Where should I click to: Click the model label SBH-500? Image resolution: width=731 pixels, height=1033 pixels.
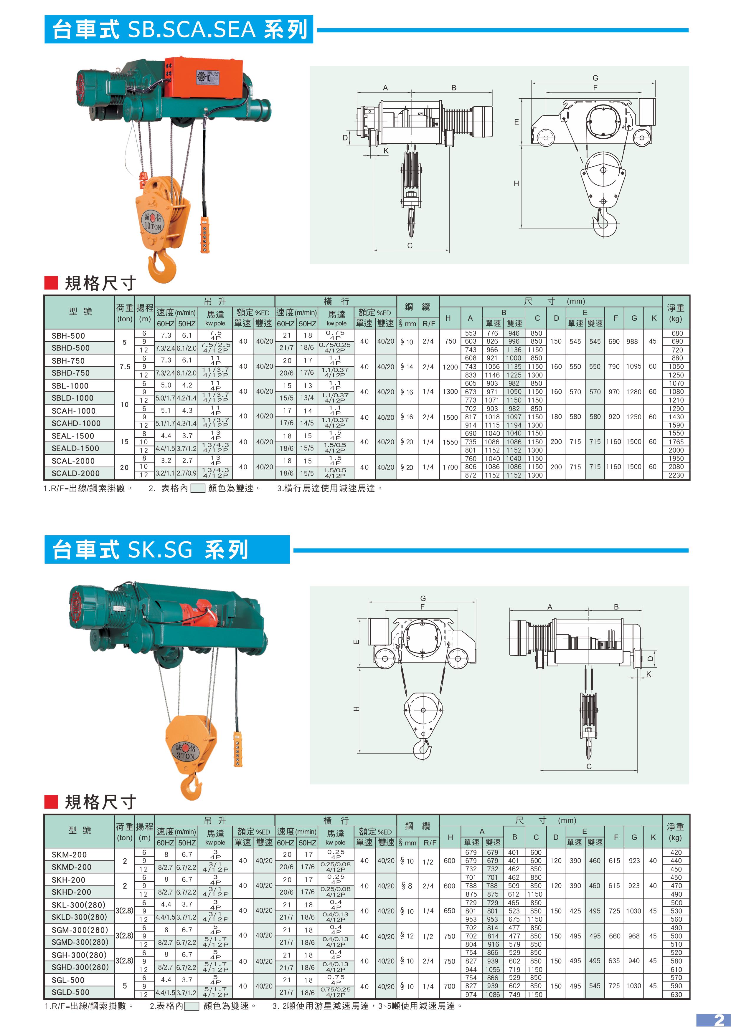[x=68, y=336]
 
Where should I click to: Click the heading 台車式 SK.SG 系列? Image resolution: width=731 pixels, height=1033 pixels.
[x=150, y=549]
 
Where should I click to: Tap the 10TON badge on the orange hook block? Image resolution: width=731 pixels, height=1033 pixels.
[x=153, y=221]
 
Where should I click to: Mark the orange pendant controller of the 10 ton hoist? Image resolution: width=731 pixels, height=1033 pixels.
[x=205, y=235]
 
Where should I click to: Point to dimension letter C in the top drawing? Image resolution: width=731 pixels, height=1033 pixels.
[x=410, y=246]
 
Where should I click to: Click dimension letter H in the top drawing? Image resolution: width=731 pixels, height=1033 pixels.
[x=516, y=183]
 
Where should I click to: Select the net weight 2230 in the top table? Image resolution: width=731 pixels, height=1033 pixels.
[x=676, y=475]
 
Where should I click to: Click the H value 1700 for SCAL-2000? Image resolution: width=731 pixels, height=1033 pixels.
[x=450, y=467]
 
